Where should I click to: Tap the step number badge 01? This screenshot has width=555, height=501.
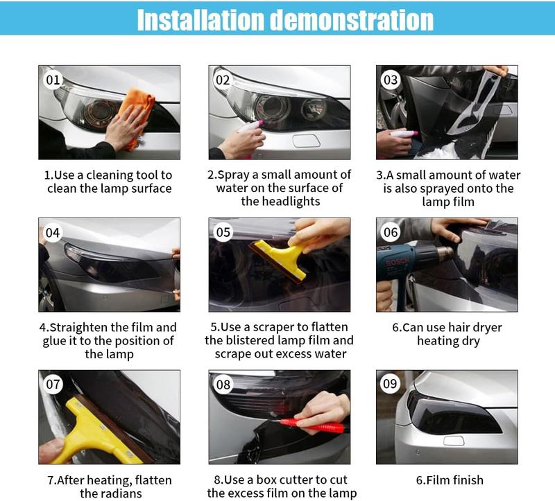pyautogui.click(x=53, y=80)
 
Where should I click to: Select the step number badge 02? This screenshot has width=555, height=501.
pyautogui.click(x=222, y=80)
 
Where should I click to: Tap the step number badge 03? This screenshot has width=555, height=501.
pyautogui.click(x=391, y=80)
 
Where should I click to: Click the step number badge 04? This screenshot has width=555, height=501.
pyautogui.click(x=53, y=232)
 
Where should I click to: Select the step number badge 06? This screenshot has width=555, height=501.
pyautogui.click(x=391, y=232)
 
